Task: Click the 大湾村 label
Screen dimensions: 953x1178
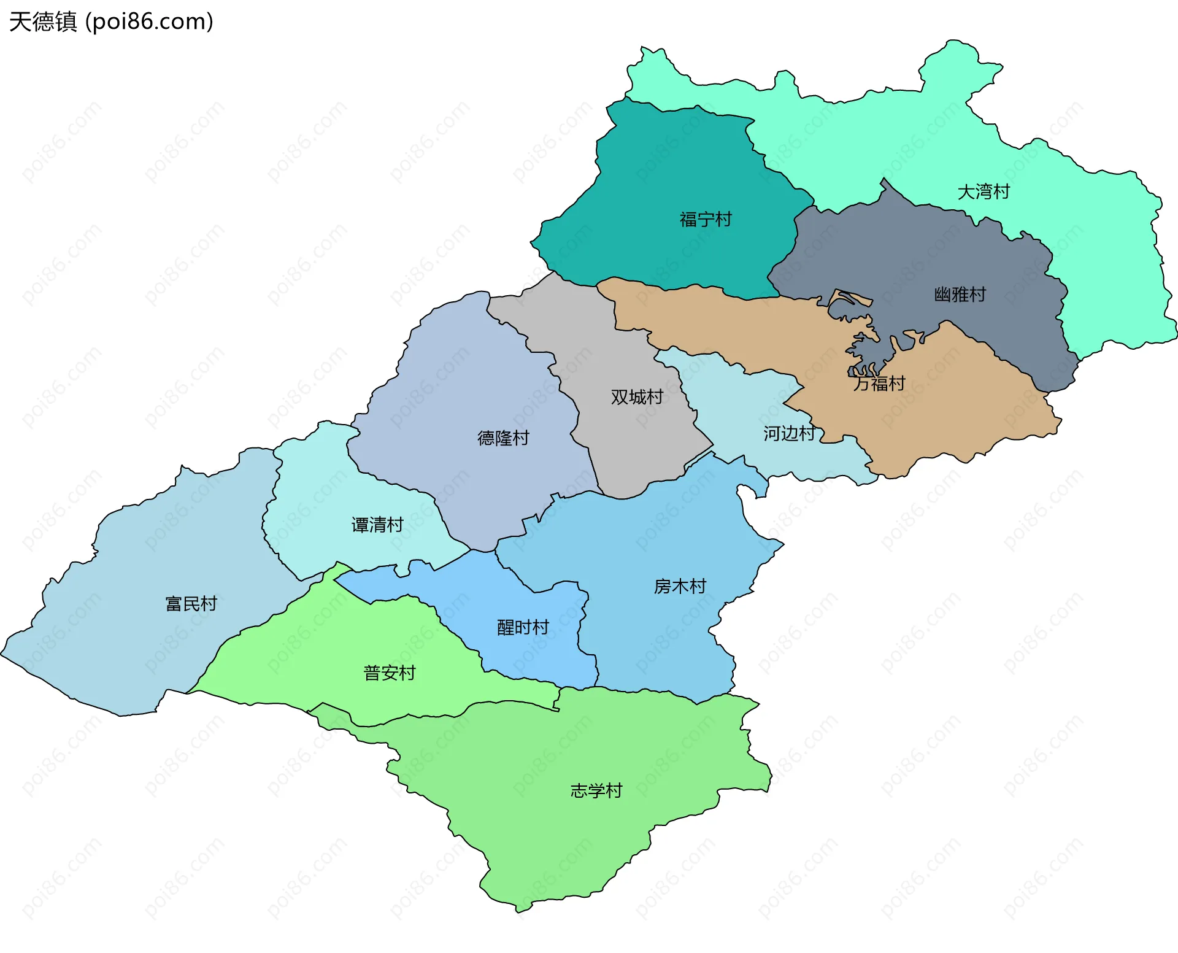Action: [984, 192]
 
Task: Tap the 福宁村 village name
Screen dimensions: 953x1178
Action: [706, 220]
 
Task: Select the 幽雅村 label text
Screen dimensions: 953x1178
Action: [960, 295]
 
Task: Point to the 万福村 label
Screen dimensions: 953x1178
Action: [879, 384]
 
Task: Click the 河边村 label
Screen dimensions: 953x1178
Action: [789, 434]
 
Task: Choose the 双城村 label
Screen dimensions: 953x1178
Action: [637, 397]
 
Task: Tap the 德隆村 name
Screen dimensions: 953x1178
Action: [503, 438]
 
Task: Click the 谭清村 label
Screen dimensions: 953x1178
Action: [377, 525]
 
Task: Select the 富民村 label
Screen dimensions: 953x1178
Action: [191, 604]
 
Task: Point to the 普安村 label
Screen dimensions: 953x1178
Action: [390, 673]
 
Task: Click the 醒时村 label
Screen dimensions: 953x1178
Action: [523, 628]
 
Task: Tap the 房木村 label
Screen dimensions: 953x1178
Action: [680, 587]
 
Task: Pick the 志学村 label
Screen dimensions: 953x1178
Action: [596, 790]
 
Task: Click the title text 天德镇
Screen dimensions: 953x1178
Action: [43, 21]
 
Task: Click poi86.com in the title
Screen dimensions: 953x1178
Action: [149, 21]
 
